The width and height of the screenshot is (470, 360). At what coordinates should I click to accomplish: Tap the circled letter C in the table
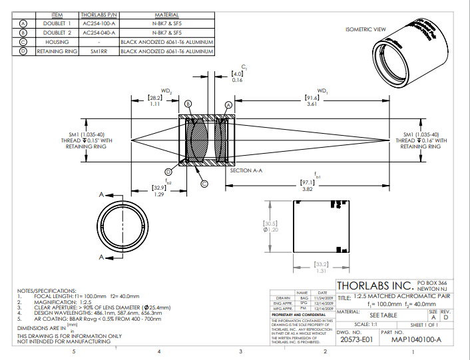[x=23, y=41]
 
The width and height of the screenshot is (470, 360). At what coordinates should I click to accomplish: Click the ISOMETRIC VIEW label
[x=365, y=29]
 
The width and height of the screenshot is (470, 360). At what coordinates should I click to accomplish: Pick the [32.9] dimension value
[x=158, y=188]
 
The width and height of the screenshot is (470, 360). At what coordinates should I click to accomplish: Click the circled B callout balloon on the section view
[x=188, y=104]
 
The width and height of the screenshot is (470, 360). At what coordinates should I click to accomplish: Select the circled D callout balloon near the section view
[x=169, y=172]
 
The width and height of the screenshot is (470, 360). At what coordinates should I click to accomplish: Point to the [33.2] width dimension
[x=321, y=265]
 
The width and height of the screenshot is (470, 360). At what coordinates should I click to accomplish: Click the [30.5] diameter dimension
[x=270, y=223]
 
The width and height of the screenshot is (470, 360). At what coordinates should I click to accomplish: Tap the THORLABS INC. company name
[x=375, y=285]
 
